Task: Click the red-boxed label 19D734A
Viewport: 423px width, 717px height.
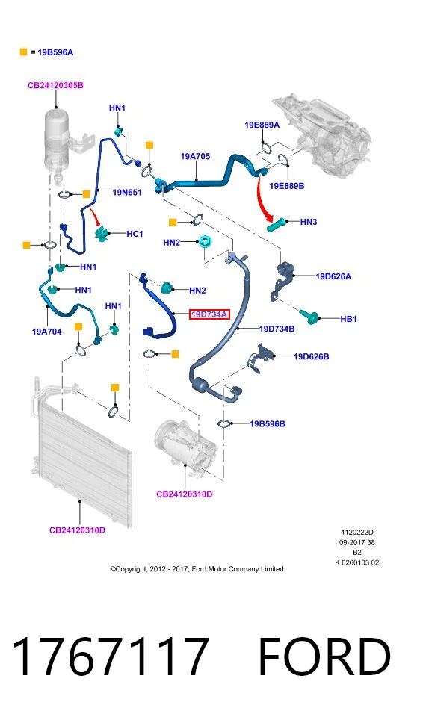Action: [x=209, y=314]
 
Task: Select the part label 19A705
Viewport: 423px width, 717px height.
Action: [x=195, y=156]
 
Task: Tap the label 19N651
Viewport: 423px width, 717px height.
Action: [x=127, y=193]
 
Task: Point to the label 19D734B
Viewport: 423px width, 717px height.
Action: [x=277, y=329]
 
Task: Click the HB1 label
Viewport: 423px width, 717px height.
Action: [x=348, y=319]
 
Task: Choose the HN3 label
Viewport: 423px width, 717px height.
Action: [x=309, y=222]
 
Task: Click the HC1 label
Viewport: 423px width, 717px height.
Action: [x=135, y=234]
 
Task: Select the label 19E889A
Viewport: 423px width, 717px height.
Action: [x=262, y=125]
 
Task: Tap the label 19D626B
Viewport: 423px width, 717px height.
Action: [x=312, y=356]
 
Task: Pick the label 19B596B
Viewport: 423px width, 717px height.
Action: [x=268, y=424]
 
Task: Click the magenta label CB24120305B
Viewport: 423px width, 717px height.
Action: [x=55, y=85]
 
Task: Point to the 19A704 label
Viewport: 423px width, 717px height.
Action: [x=46, y=332]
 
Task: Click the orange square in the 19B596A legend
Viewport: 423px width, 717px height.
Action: [x=23, y=52]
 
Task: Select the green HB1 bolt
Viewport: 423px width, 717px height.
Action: [x=309, y=315]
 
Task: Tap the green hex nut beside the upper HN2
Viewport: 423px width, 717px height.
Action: [x=205, y=241]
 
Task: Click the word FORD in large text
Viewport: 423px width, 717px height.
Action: [x=324, y=657]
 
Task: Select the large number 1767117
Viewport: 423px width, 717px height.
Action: [x=111, y=657]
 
